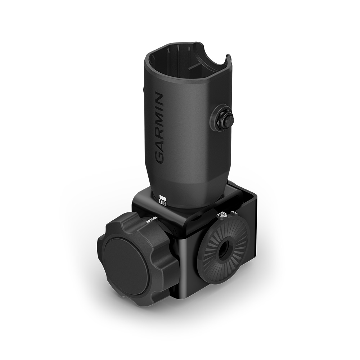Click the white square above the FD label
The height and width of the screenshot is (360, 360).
click(162, 197)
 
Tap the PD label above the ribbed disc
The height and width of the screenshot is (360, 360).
click(221, 215)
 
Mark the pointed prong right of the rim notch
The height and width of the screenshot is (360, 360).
click(228, 58)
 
